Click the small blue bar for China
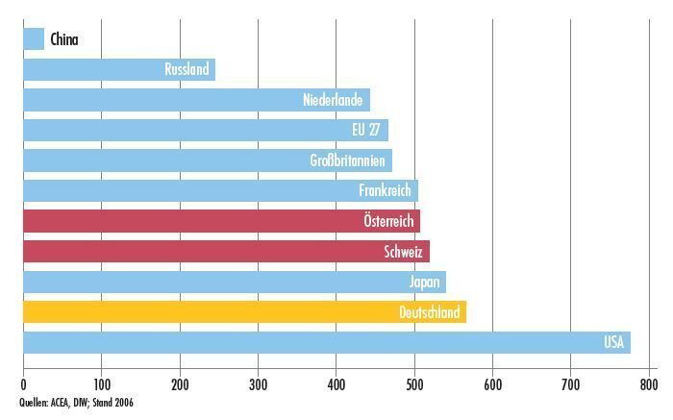pyautogui.click(x=34, y=39)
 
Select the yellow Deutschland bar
pyautogui.click(x=244, y=312)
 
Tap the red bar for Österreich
pyautogui.click(x=221, y=221)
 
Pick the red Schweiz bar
pyautogui.click(x=226, y=252)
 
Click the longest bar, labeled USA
pyautogui.click(x=327, y=343)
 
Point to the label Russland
pyautogui.click(x=187, y=70)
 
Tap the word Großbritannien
pyautogui.click(x=347, y=161)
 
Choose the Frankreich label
pyautogui.click(x=385, y=191)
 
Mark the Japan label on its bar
pyautogui.click(x=424, y=283)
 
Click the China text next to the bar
pyautogui.click(x=65, y=39)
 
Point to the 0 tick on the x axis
pyautogui.click(x=23, y=385)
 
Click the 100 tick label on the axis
pyautogui.click(x=101, y=385)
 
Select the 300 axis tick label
pyautogui.click(x=258, y=385)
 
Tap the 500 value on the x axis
pyautogui.click(x=414, y=385)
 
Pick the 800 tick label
pyautogui.click(x=649, y=385)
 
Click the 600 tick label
pyautogui.click(x=492, y=385)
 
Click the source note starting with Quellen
pyautogui.click(x=76, y=403)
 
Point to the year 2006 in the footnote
pyautogui.click(x=122, y=403)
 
